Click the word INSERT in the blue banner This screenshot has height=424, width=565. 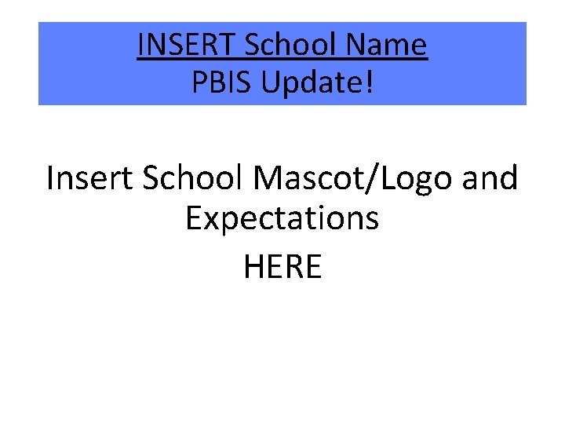[187, 46]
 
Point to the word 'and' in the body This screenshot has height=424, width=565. [490, 179]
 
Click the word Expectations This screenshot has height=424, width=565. [282, 219]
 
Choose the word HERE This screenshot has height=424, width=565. [282, 267]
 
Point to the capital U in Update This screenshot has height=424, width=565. [270, 82]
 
